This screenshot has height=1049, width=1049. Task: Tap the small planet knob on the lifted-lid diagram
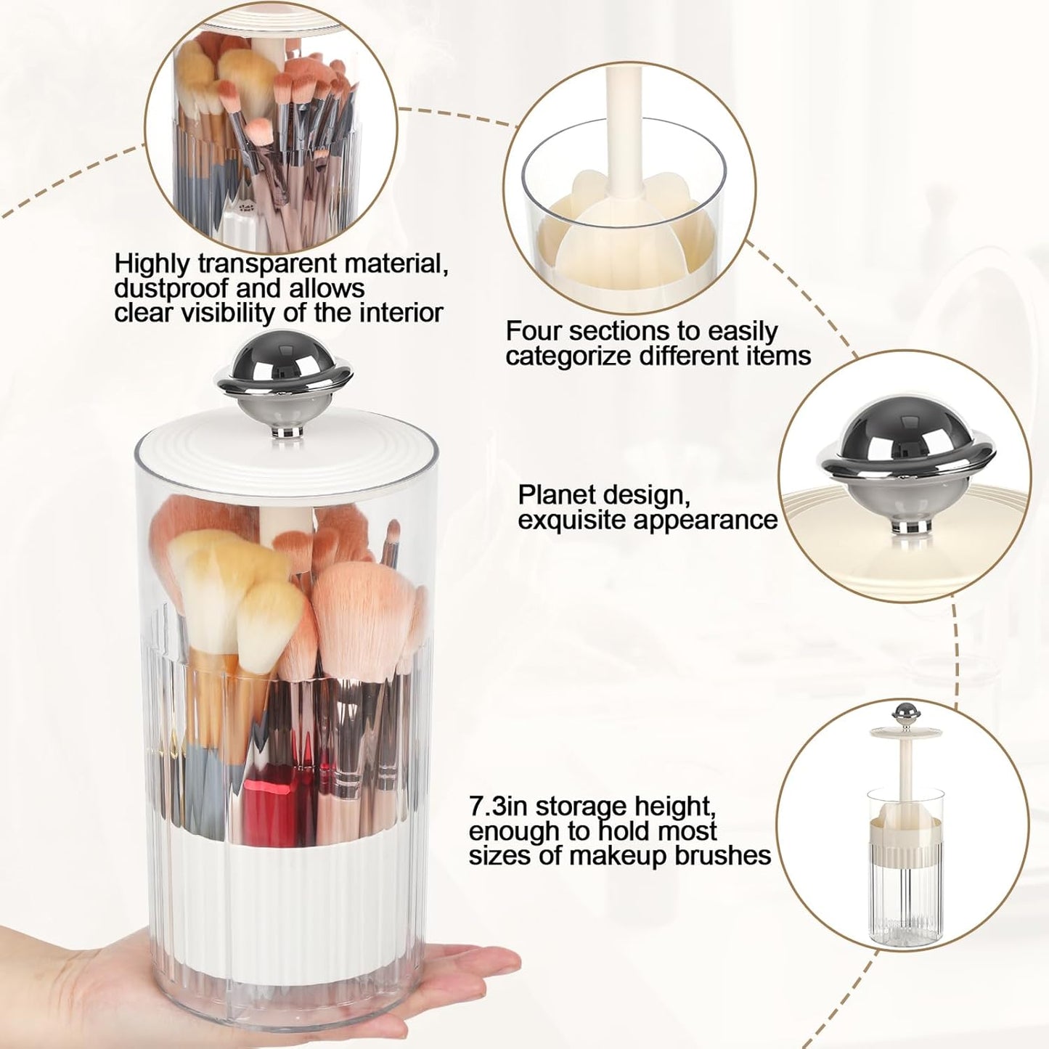(x=904, y=712)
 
